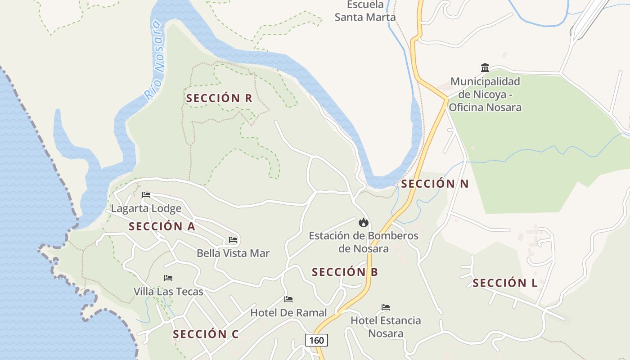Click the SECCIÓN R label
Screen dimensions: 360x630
pos(219,98)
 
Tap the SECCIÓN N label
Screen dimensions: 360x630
pos(435,184)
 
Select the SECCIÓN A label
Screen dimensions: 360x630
pos(162,226)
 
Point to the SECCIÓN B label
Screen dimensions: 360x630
pos(345,272)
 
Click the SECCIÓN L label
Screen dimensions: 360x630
pos(505,283)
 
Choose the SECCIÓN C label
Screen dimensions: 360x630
pos(206,334)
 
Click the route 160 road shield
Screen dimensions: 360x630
pos(316,340)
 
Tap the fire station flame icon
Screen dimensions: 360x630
pos(363,222)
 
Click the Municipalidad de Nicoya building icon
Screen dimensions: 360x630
pos(485,68)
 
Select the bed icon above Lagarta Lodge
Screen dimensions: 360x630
pos(146,195)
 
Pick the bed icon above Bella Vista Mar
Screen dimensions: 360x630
pos(233,240)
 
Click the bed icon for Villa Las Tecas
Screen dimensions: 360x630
pos(168,278)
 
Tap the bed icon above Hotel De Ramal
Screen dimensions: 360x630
pos(288,299)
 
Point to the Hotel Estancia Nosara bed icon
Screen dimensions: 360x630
pos(386,307)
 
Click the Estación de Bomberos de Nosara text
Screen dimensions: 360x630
pos(364,242)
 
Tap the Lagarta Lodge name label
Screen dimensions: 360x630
pos(146,208)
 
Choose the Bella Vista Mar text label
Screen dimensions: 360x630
pos(233,253)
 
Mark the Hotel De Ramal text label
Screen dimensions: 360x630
pos(288,312)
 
